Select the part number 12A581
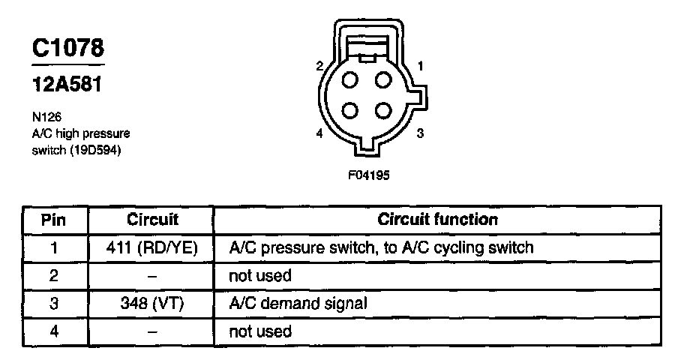tap(66, 84)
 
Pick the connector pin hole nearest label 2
tap(351, 80)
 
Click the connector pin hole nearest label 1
tap(382, 80)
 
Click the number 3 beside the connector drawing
tap(420, 133)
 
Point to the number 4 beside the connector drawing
tap(319, 133)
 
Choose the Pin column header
tap(53, 220)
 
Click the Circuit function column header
tap(437, 220)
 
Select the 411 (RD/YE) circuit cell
tap(152, 247)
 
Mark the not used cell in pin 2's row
tap(259, 275)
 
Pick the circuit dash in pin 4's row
tap(152, 331)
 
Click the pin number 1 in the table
tap(53, 247)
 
